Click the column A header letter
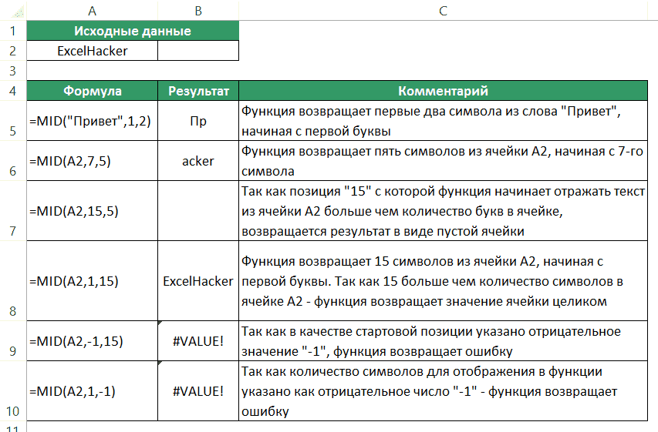92,11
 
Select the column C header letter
442,11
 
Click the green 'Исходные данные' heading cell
133,32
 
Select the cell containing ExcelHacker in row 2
93,52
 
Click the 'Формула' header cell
93,91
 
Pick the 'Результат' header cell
198,91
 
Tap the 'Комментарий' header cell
443,91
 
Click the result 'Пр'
198,122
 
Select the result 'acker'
198,162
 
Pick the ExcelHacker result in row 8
198,281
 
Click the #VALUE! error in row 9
198,340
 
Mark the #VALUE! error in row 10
198,390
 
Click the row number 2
12,52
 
